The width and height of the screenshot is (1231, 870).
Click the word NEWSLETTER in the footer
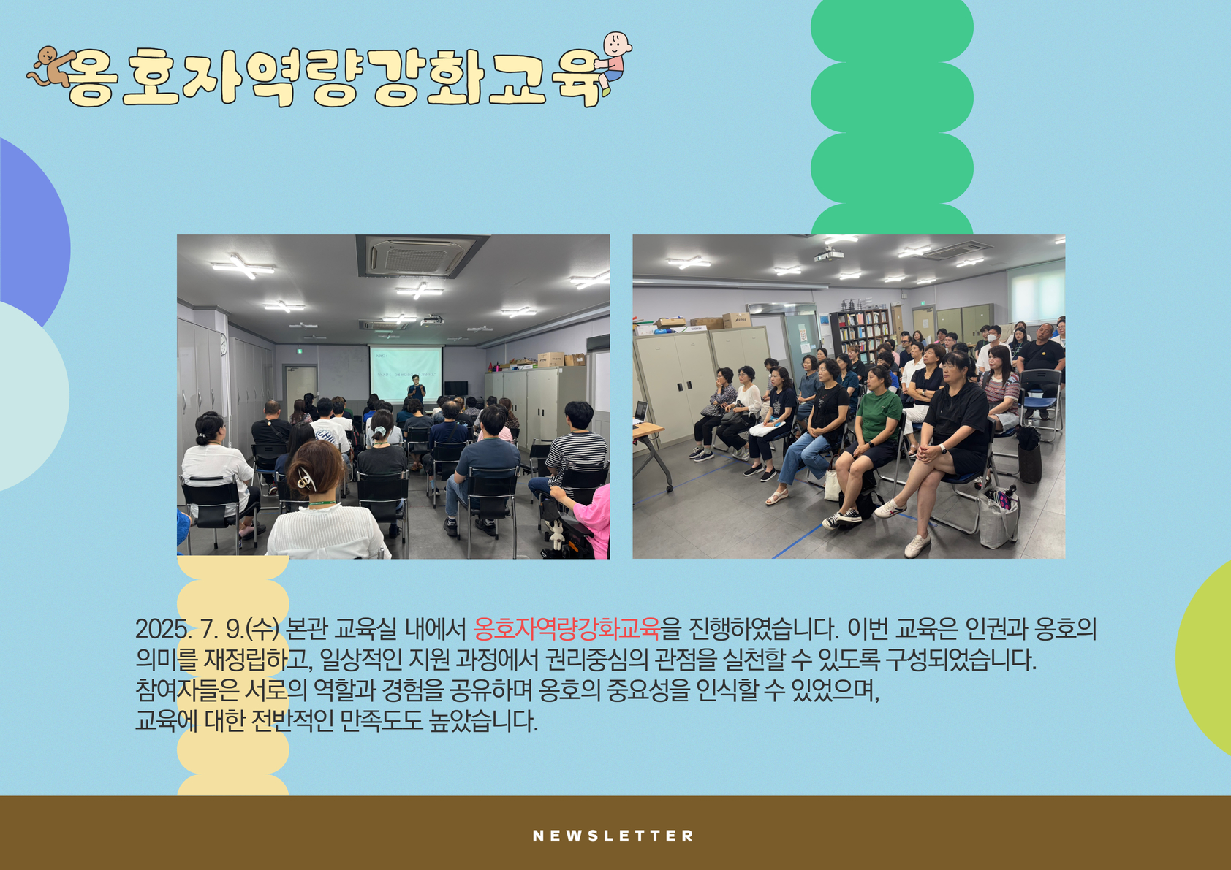[613, 836]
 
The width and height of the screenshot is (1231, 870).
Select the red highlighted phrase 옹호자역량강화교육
[566, 629]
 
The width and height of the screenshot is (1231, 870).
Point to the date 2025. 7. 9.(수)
[207, 630]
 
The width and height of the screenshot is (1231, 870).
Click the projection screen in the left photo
[406, 373]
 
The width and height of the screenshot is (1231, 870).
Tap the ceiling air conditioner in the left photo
[420, 256]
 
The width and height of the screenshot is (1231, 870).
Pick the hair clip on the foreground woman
[306, 478]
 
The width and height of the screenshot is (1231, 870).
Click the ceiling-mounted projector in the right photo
[829, 253]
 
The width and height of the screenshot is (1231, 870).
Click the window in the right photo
[1036, 289]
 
